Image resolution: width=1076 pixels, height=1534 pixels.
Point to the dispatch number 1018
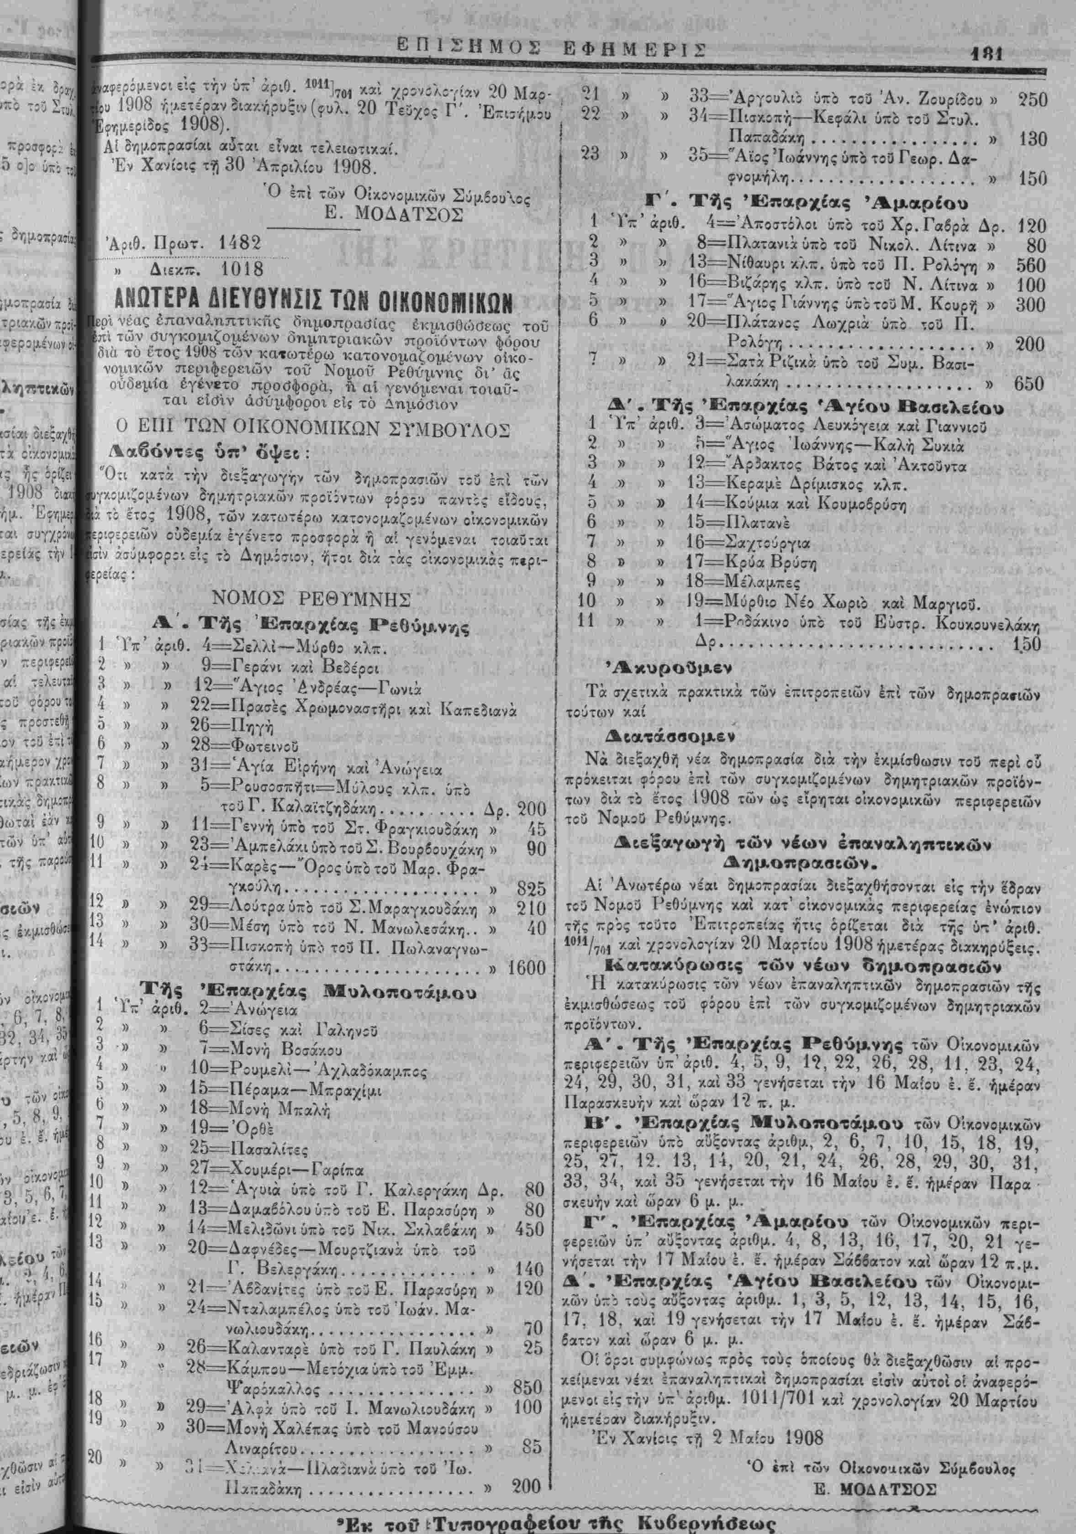tap(239, 271)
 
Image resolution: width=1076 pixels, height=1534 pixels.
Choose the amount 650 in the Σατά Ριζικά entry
tap(1029, 384)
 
